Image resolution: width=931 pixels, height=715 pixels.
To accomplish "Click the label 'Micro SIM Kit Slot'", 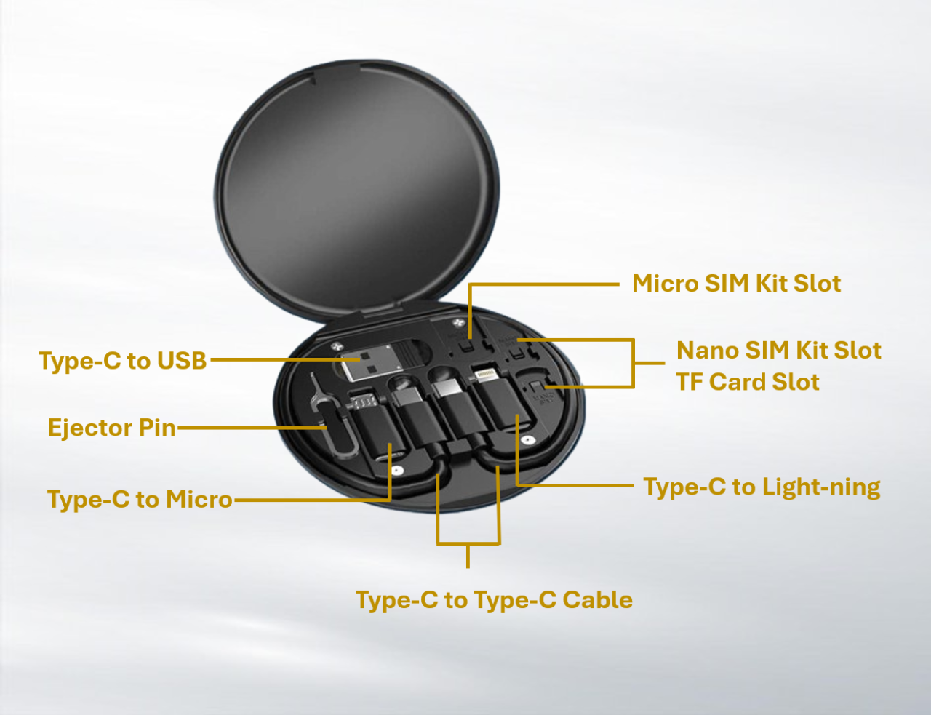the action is (x=737, y=283).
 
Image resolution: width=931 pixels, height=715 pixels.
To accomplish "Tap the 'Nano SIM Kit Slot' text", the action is (x=778, y=350).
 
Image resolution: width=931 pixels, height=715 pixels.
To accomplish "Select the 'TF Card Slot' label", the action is (x=748, y=381).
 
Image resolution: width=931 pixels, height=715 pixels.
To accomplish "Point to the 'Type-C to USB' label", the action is (x=122, y=360).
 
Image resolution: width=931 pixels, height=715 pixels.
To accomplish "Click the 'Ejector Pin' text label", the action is (x=112, y=428).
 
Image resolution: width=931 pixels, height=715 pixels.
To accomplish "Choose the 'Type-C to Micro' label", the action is (x=140, y=499).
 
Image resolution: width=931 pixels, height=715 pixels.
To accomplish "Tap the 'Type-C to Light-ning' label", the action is (x=762, y=487).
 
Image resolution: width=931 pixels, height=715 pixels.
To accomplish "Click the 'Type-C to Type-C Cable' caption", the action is (x=494, y=599).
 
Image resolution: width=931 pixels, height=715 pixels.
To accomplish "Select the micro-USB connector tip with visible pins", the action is (x=364, y=402).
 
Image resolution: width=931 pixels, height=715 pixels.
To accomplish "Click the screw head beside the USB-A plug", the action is (x=337, y=345).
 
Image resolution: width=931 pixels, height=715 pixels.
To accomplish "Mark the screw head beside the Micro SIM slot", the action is (x=458, y=321).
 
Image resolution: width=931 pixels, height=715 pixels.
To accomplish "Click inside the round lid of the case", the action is (x=356, y=188).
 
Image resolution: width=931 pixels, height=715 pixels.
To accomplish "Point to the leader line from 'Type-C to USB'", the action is (x=285, y=359).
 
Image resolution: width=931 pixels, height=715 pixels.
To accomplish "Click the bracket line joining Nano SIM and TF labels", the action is (x=633, y=363).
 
